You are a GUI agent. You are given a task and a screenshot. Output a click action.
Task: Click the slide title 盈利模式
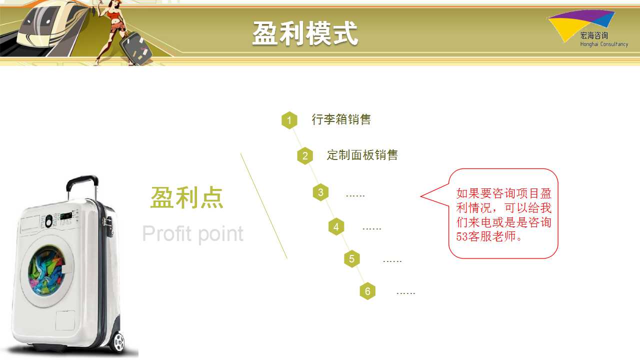[x=305, y=33]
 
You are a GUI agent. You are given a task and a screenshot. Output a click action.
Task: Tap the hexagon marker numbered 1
[x=289, y=120]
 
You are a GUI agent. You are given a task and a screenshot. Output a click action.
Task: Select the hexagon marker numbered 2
[x=305, y=156]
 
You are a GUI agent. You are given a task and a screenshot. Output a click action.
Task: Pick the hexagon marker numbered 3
[x=320, y=192]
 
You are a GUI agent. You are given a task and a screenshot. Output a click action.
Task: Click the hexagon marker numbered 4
[x=336, y=227]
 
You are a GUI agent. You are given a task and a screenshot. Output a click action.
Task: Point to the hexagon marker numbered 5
[x=351, y=259]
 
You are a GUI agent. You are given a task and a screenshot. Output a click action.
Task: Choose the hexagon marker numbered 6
[x=367, y=291]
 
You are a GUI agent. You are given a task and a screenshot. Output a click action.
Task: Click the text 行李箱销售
[x=341, y=119]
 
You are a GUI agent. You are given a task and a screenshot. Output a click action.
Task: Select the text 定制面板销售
[x=362, y=155]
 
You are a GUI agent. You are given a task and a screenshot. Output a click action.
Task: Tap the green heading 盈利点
[x=186, y=197]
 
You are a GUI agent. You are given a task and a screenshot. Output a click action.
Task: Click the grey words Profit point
[x=193, y=234]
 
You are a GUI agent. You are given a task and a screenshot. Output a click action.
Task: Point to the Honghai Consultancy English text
[x=604, y=44]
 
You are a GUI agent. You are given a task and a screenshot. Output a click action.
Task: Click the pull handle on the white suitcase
[x=82, y=187]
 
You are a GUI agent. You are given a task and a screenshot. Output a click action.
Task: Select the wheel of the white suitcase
[x=118, y=342]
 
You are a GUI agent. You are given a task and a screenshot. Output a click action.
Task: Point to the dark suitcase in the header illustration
[x=135, y=48]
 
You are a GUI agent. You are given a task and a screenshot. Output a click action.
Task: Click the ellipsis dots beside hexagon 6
[x=405, y=293]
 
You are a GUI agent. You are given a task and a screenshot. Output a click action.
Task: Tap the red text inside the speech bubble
[x=503, y=215]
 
